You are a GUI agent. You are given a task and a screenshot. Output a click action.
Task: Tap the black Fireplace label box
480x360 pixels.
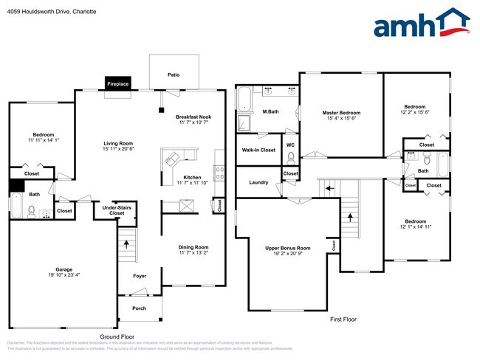tap(117, 84)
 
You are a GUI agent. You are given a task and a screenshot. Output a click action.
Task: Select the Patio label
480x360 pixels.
tap(174, 75)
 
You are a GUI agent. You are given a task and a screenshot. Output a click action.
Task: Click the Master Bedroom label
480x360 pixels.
tap(341, 113)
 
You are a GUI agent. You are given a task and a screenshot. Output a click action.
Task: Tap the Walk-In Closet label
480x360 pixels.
tap(258, 150)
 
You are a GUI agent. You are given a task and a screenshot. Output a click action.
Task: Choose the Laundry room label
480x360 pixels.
tap(258, 182)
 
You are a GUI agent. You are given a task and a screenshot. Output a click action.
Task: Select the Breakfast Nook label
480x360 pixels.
tap(193, 117)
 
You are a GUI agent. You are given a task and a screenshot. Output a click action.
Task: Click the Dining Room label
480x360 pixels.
tap(193, 247)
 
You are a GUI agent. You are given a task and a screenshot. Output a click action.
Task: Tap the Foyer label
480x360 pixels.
tap(140, 276)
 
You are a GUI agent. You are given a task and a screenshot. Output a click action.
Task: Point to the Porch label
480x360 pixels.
tap(139, 308)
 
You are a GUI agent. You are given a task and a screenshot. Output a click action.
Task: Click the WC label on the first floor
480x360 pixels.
tap(290, 145)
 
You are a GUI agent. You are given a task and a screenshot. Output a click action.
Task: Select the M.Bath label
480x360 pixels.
tap(270, 111)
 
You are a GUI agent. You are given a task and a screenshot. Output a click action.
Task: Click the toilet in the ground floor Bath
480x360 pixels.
tap(32, 211)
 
